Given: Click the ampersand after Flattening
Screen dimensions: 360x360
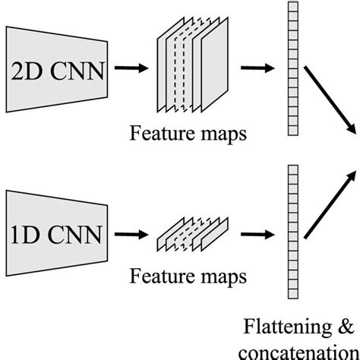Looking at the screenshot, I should pyautogui.click(x=345, y=328).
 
